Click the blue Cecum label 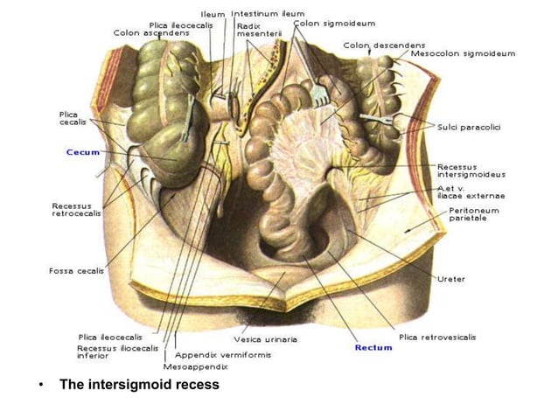pos(83,151)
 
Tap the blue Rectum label pos(373,347)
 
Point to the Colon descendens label pos(384,45)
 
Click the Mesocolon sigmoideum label pos(463,53)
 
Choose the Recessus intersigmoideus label pos(471,170)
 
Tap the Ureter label pos(451,279)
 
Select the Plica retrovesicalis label pos(437,337)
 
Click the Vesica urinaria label pos(266,339)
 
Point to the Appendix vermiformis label pos(222,356)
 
